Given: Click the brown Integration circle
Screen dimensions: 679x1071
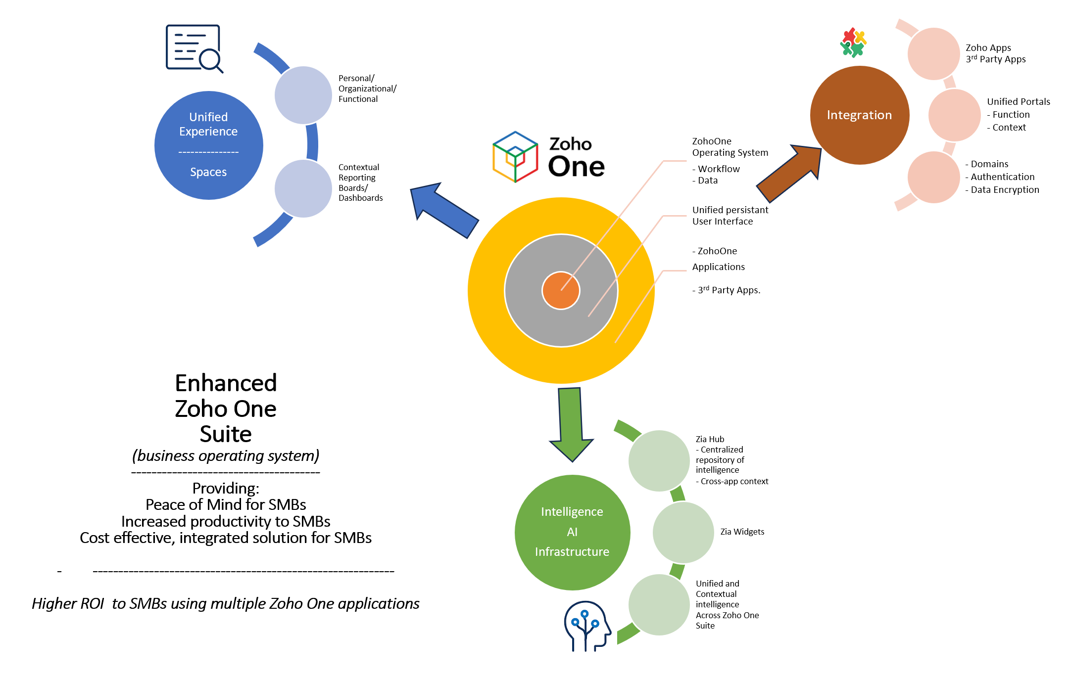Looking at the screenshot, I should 859,115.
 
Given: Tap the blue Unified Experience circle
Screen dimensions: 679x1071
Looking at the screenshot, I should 208,145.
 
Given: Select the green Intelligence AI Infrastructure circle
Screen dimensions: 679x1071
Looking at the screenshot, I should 572,532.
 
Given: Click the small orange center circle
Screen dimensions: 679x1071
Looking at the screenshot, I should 561,290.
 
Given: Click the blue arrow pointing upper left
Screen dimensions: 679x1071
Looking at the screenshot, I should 443,209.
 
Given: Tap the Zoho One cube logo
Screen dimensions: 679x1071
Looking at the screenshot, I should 515,157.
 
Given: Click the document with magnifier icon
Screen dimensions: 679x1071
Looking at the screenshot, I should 194,48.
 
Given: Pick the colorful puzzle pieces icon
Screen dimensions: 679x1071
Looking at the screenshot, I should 853,43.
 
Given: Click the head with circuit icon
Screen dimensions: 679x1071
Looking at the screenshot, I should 587,626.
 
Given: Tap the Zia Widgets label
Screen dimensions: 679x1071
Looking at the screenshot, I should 742,532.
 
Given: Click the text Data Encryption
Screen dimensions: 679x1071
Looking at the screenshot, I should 1004,190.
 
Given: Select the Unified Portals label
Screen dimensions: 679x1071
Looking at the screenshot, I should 1018,101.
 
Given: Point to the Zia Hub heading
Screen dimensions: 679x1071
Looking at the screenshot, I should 710,439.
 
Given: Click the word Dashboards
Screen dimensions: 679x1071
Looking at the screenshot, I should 360,198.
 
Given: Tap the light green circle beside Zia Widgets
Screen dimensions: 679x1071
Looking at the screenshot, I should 683,532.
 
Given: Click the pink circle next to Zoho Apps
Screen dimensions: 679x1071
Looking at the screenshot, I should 933,53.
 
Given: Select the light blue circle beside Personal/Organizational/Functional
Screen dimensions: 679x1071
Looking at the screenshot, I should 303,95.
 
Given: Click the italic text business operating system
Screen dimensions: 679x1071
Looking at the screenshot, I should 226,455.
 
